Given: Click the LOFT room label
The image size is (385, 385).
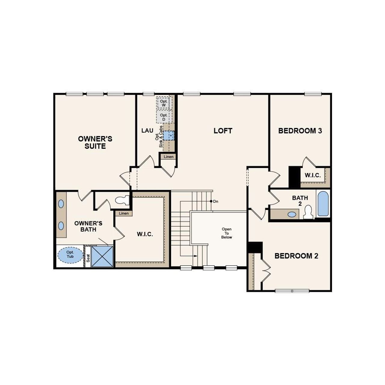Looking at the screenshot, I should click(223, 131).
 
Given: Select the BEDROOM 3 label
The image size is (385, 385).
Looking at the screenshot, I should click(300, 131).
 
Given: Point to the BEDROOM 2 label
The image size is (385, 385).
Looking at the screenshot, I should click(296, 256).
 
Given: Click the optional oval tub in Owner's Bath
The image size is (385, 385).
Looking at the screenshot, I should click(70, 254).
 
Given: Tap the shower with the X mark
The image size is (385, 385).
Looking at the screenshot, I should click(102, 256).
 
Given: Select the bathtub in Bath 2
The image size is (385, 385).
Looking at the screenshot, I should click(323, 204).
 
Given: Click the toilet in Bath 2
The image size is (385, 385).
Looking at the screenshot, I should click(308, 212).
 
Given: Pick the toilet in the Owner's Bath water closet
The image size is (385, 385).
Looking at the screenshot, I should click(122, 200).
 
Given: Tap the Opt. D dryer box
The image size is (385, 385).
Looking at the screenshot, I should click(164, 117).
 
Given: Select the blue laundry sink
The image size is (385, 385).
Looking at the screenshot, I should click(169, 136).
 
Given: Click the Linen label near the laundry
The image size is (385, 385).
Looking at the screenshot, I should click(168, 157).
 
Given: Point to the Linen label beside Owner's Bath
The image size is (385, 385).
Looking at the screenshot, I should click(124, 213).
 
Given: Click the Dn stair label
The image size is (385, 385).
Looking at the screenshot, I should click(215, 201).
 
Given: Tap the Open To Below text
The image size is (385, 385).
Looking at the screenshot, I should click(226, 233).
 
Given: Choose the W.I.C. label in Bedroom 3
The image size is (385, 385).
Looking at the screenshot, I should click(313, 175).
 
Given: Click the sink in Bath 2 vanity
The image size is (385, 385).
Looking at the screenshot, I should click(291, 214).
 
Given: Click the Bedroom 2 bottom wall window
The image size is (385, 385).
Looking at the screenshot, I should click(292, 291).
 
